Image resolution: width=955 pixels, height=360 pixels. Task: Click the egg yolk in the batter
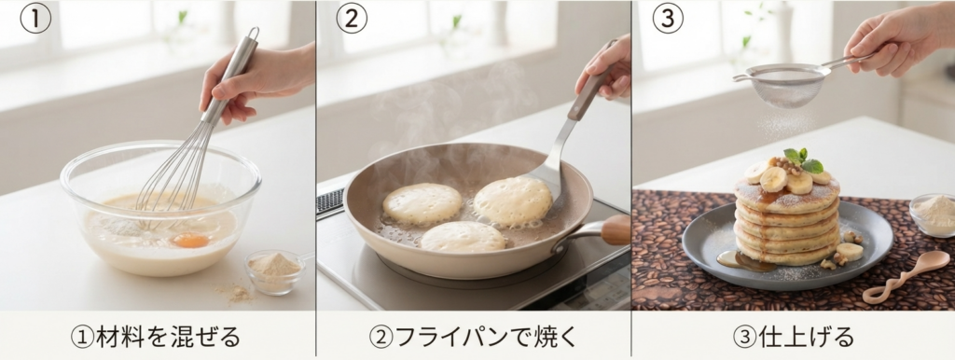(190, 241)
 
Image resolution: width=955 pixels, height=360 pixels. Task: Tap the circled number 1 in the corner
(35, 18)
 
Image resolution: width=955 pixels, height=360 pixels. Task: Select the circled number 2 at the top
(352, 18)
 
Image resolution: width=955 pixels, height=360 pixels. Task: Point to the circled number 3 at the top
(668, 18)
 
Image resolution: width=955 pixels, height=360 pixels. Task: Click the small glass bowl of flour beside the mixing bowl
(275, 271)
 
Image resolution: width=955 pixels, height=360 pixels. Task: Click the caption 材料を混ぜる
(157, 337)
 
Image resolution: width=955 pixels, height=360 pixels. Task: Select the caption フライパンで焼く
(473, 337)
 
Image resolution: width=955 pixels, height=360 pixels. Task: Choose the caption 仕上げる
(794, 337)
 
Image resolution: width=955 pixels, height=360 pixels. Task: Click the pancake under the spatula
(513, 201)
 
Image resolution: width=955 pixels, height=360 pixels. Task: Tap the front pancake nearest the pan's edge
(463, 237)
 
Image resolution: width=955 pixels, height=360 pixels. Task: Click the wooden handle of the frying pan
(615, 230)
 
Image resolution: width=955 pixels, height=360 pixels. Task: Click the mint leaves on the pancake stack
(803, 159)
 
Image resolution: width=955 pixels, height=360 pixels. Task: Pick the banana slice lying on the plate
(850, 252)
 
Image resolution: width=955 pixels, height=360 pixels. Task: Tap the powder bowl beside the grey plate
(933, 215)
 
